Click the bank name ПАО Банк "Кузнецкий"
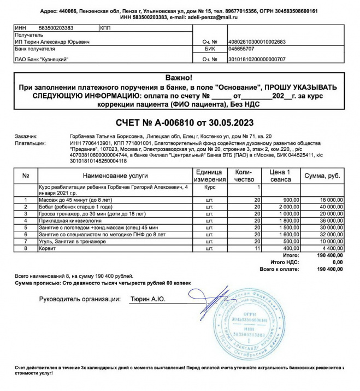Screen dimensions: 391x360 tap(42, 59)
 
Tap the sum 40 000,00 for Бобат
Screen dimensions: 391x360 tap(328, 207)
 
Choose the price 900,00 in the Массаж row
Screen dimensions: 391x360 tap(291, 200)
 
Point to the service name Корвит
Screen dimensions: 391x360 tap(48, 248)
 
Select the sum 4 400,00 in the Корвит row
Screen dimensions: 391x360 tap(330, 248)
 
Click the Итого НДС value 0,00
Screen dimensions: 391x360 tap(337, 262)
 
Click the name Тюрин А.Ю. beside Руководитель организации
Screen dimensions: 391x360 tap(147, 299)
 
